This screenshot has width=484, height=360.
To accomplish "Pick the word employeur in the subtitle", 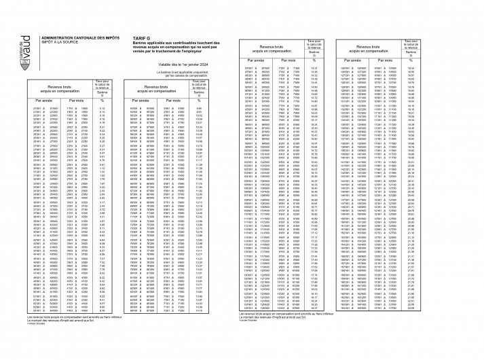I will (193, 56).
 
